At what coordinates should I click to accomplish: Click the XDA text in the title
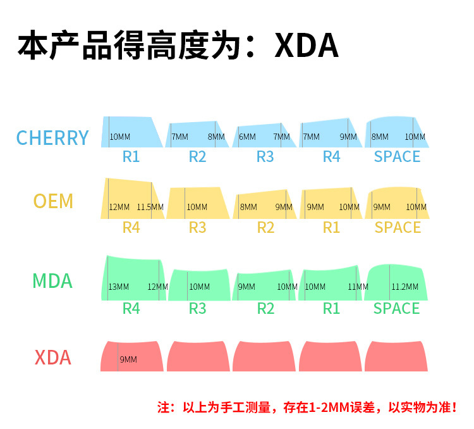point(307,46)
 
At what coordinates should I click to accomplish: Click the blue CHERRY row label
point(52,138)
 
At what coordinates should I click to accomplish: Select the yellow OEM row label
point(53,201)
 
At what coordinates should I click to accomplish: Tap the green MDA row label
point(52,280)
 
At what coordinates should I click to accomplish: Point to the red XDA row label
point(52,358)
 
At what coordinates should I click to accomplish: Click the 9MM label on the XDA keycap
point(128,359)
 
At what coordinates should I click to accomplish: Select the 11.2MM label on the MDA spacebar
point(404,287)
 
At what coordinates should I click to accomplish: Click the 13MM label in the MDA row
point(118,287)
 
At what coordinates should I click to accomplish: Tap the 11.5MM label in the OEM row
point(150,207)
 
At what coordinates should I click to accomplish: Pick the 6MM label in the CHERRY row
point(247,137)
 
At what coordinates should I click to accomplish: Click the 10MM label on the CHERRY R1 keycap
point(120,137)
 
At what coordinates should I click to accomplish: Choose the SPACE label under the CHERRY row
point(397,156)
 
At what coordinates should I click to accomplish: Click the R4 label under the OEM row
point(131,227)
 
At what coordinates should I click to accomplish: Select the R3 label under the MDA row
point(198,308)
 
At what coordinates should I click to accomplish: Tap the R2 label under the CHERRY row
point(198,156)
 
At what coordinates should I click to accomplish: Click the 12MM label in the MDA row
point(157,287)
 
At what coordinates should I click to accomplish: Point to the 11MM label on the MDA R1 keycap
point(358,287)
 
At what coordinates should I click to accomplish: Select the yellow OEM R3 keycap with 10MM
point(198,203)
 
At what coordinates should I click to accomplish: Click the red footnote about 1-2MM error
point(307,407)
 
